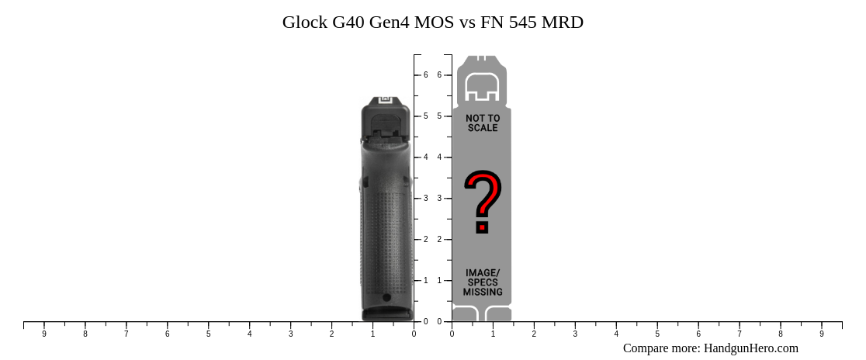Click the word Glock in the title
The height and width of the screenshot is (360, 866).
(304, 22)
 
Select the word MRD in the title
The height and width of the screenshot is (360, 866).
(563, 22)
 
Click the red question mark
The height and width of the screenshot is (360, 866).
(483, 202)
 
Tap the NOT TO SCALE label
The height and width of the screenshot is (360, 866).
(483, 123)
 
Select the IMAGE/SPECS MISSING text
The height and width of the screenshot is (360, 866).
(483, 282)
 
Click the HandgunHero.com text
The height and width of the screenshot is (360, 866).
(750, 348)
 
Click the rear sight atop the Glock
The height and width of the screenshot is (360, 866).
(385, 99)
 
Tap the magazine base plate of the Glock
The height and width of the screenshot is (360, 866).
(387, 313)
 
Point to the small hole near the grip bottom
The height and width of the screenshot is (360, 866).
(386, 297)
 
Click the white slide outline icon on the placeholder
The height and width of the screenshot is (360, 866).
(482, 87)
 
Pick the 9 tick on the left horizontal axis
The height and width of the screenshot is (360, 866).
(44, 322)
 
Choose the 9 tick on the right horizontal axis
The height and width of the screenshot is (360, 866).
(822, 322)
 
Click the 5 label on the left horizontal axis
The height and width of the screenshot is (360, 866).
(208, 334)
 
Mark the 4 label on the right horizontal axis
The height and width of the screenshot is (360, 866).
(616, 334)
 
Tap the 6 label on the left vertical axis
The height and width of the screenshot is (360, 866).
(425, 75)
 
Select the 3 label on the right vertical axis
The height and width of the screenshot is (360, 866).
(439, 199)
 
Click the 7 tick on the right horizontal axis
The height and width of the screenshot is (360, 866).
(740, 322)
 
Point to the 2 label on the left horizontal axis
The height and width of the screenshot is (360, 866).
(331, 334)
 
